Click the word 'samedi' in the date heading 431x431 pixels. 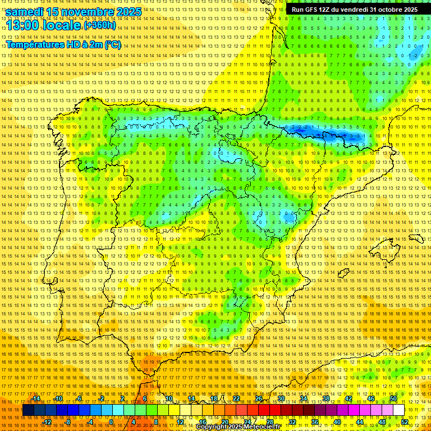pos(25,11)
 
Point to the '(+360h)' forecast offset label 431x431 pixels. pos(100,25)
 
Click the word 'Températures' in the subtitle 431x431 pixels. pos(37,44)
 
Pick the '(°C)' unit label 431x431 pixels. pos(112,44)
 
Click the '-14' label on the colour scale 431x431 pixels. pos(36,398)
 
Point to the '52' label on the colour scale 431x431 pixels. pos(405,422)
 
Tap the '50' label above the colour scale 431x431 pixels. pos(393,398)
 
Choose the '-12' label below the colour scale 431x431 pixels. pos(48,422)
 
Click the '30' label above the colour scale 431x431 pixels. pos(281,398)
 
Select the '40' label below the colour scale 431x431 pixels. pos(337,422)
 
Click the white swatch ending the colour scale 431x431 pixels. pos(398,410)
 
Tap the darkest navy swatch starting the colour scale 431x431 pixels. pos(28,410)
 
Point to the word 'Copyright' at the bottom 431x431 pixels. pos(212,427)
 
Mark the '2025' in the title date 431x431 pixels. pos(129,11)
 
